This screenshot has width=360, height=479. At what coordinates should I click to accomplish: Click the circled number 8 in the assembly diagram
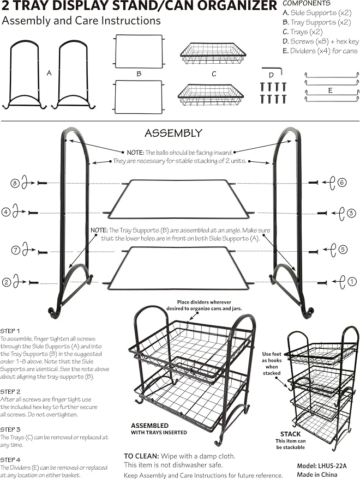click(x=15, y=183)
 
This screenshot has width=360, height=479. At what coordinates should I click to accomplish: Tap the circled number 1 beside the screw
click(x=352, y=281)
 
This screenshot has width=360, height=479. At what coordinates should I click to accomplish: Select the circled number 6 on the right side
click(x=342, y=183)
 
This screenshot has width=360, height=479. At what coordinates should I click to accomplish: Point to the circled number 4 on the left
click(x=6, y=212)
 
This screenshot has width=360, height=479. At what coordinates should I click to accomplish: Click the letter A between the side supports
click(x=49, y=74)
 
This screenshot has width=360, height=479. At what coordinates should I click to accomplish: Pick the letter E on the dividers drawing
click(x=331, y=90)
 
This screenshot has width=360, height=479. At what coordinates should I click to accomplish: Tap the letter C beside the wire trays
click(x=214, y=74)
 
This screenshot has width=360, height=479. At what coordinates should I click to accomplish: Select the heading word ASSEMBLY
click(x=173, y=133)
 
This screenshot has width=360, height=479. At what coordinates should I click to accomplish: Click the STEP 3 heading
click(x=10, y=429)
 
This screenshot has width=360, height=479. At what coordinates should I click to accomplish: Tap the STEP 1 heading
click(x=10, y=331)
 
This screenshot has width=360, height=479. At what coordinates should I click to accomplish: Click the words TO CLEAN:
click(x=141, y=456)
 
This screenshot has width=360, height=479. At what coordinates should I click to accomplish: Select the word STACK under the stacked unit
click(x=291, y=434)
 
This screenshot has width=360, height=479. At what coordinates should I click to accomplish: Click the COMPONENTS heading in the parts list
click(x=307, y=3)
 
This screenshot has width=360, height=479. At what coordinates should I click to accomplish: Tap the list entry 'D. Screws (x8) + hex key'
click(x=321, y=41)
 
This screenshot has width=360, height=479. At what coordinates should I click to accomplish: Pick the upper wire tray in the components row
click(x=213, y=53)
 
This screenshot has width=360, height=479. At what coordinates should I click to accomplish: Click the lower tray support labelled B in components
click(x=139, y=96)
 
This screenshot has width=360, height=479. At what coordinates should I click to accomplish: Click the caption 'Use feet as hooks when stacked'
click(x=272, y=363)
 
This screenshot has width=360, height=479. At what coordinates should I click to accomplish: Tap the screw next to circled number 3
click(x=322, y=213)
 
